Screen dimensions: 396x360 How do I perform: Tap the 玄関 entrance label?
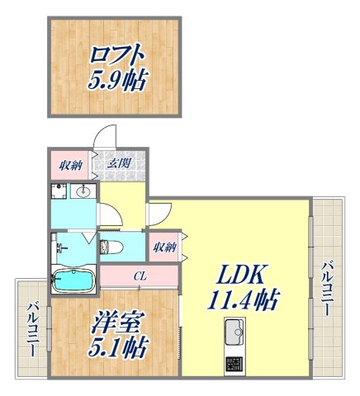point(118,163)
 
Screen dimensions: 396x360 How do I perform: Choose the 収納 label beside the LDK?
point(163,245)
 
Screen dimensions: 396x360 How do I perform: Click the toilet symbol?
point(110,247)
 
